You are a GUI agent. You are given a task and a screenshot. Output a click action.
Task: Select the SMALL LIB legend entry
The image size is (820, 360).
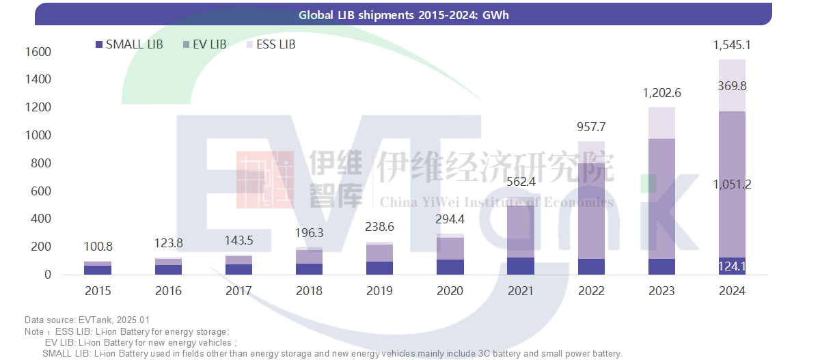point(129,44)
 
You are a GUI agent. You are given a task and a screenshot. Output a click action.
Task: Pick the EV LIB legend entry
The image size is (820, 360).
point(204,44)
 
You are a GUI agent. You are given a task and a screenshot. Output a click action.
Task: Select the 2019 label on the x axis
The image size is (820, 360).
point(379,290)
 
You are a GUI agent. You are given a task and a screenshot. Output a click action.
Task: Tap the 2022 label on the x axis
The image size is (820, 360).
point(591,290)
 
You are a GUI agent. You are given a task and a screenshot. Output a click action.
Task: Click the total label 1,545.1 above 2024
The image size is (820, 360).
point(732,46)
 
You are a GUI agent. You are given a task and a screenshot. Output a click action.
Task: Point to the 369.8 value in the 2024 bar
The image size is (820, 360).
point(732,85)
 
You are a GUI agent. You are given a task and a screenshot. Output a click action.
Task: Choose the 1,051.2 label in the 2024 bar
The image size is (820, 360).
point(732,184)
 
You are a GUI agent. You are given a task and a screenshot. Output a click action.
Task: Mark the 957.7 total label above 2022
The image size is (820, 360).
point(591,127)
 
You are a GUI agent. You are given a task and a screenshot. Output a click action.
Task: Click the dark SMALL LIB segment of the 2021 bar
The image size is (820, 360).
point(521,266)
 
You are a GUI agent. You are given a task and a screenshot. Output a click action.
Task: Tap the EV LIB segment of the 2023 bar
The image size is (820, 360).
point(661,198)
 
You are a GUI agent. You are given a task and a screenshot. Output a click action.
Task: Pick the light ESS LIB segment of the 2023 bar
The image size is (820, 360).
point(661,123)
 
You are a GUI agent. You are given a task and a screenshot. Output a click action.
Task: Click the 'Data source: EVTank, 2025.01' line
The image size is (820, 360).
point(87,320)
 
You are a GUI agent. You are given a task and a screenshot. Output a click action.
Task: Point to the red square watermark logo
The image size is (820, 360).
point(265,180)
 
